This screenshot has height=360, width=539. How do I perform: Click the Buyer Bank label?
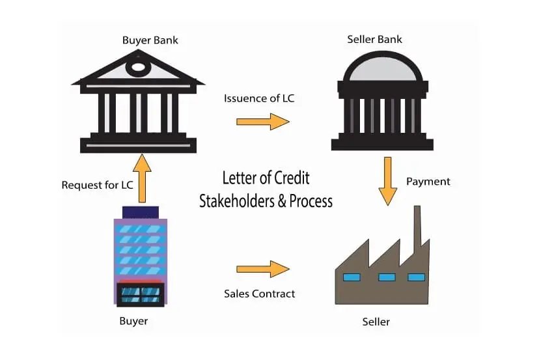150,40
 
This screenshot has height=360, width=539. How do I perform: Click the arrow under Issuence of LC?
262,121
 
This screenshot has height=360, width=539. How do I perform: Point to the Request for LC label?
97,185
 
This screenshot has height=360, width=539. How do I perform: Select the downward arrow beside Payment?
387,183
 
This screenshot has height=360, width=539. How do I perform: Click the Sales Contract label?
259,294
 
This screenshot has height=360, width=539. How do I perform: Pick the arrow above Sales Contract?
262,269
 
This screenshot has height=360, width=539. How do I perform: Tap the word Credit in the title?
292,178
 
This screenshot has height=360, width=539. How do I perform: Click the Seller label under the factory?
376,322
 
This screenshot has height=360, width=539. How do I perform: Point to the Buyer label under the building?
133,321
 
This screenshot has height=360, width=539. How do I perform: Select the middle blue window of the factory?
387,277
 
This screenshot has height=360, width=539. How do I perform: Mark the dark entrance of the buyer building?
141,293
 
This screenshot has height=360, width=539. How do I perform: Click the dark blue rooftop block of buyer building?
140,212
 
